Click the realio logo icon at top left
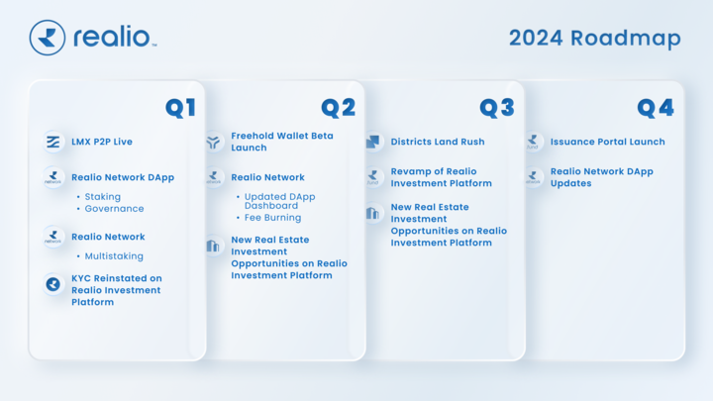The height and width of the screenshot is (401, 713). tap(48, 38)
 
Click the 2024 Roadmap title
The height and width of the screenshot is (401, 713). tap(594, 39)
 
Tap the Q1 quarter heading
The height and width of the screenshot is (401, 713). tap(180, 108)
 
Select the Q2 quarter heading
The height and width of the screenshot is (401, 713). tap(338, 108)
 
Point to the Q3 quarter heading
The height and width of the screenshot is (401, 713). tap(496, 108)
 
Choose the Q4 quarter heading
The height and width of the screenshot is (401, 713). tap(655, 108)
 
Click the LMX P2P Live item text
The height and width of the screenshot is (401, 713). tap(102, 143)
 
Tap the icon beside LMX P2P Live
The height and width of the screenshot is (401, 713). tap(53, 143)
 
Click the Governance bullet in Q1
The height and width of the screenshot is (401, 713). tap(114, 209)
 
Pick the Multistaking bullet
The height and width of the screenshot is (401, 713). tap(114, 256)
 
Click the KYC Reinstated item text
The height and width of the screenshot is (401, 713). tap(116, 290)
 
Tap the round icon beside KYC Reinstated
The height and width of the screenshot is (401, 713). tap(53, 284)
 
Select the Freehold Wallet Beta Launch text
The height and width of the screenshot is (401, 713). tap(282, 142)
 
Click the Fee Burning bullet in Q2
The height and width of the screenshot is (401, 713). tap(272, 218)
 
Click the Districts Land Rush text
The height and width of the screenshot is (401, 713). tap(438, 142)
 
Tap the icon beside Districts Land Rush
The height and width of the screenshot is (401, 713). tap(373, 142)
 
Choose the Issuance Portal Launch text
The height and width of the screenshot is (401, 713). tap(608, 142)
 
